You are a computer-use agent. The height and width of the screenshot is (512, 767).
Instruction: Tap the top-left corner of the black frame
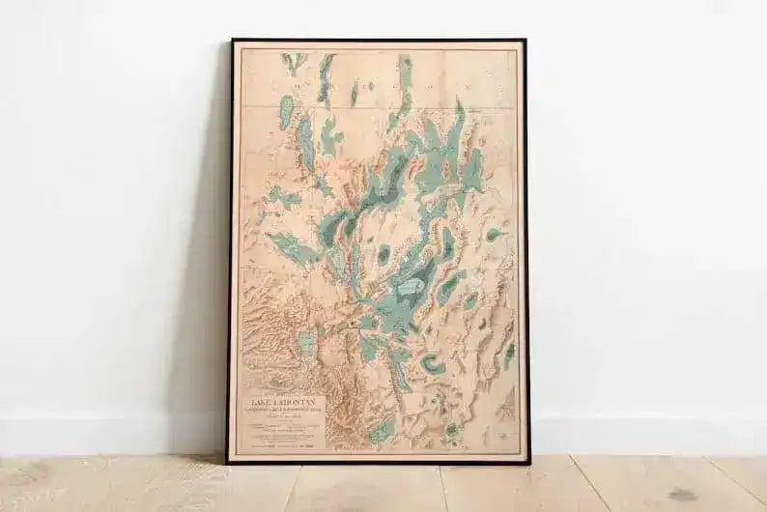(x=231, y=41)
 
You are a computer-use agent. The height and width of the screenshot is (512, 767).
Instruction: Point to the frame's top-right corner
(x=526, y=41)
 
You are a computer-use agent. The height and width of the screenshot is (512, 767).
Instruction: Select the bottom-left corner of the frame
(x=228, y=462)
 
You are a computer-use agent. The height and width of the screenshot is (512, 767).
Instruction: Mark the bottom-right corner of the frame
(x=529, y=463)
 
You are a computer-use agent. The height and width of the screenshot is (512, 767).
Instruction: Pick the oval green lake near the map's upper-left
(x=287, y=112)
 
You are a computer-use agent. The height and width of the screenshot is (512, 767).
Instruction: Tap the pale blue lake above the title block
(x=307, y=342)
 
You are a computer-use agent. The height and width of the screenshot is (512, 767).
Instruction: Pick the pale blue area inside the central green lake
(x=412, y=287)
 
